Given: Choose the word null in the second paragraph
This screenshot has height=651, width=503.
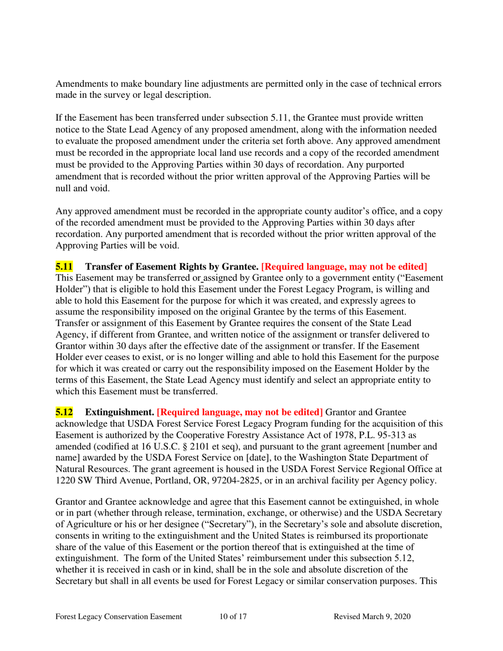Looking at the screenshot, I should (x=64, y=173).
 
